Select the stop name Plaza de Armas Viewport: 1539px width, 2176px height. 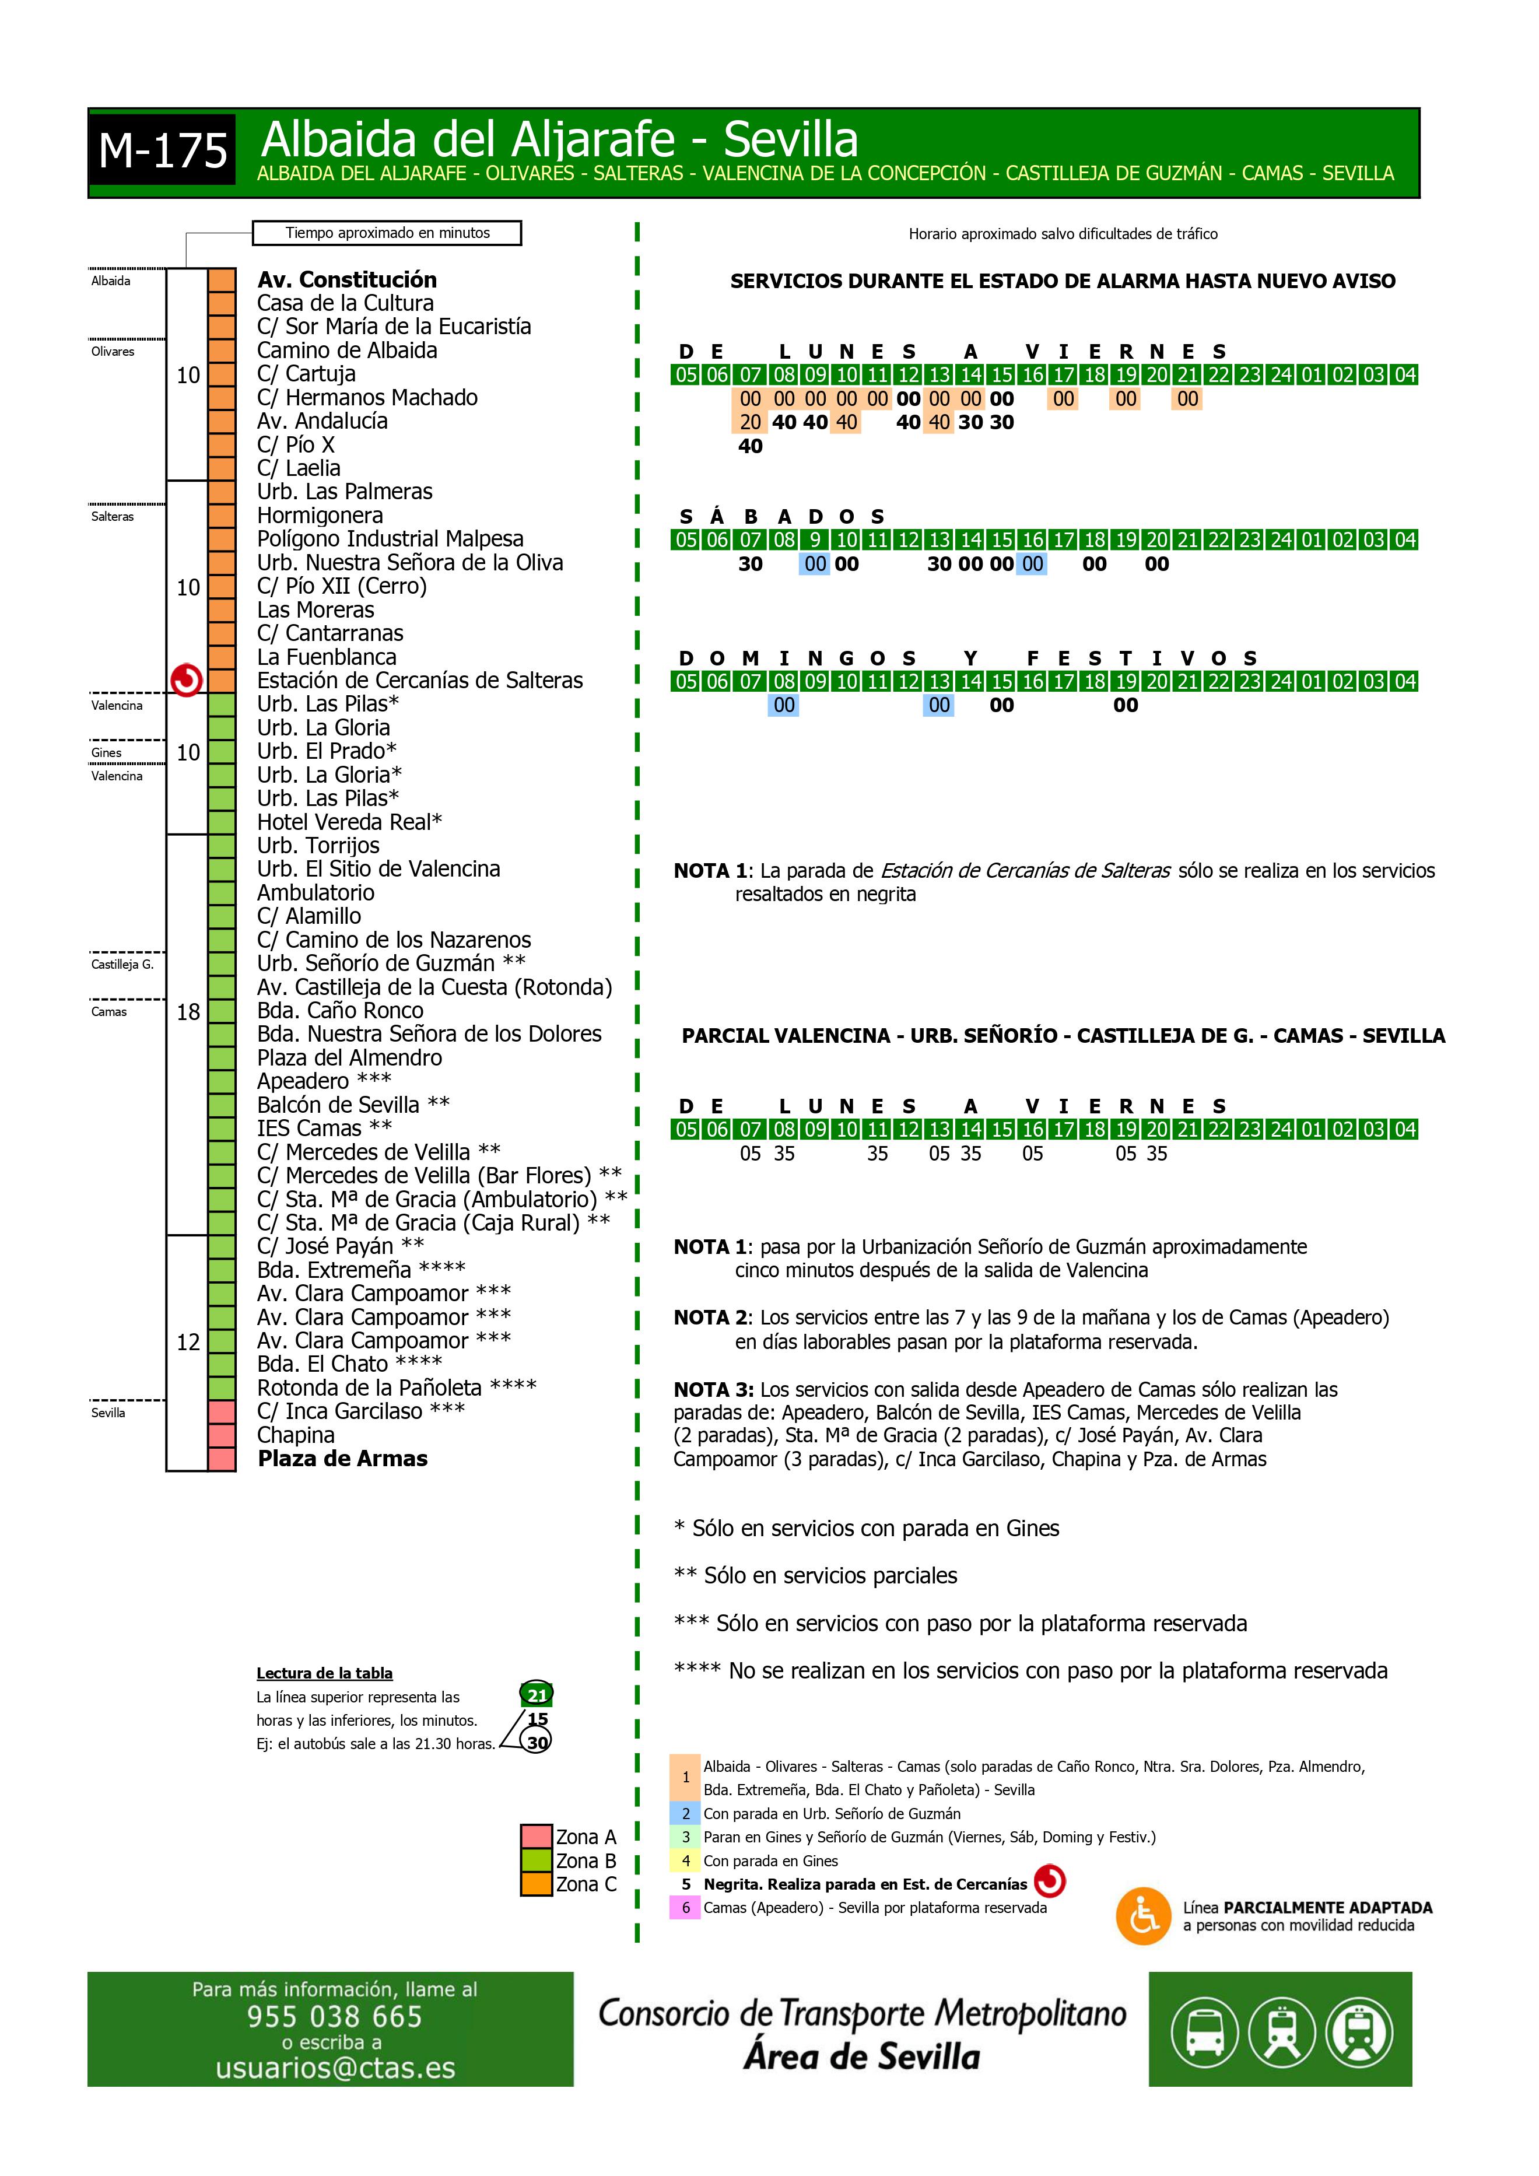(x=342, y=1459)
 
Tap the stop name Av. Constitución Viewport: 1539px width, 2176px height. (x=347, y=279)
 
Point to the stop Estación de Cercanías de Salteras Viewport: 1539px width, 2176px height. (x=420, y=681)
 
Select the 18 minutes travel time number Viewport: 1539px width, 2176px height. (x=188, y=1012)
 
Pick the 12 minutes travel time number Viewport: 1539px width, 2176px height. (x=188, y=1342)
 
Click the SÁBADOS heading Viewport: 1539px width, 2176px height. (x=782, y=517)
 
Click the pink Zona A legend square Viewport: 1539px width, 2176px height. (x=537, y=1836)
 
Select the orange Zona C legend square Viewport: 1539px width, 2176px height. (x=537, y=1884)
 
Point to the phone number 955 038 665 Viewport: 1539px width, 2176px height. (x=335, y=2016)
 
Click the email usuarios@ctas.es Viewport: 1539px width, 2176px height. (x=335, y=2068)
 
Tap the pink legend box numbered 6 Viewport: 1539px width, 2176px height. (x=685, y=1908)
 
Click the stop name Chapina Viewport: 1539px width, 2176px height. (x=296, y=1435)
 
